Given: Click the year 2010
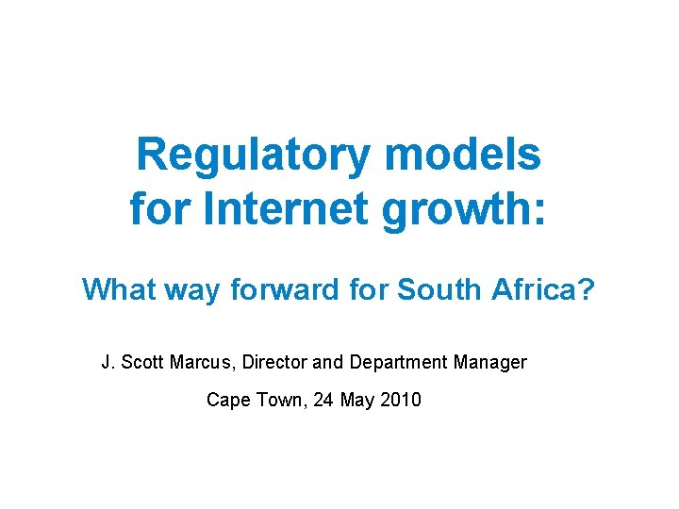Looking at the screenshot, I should click(x=401, y=400).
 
